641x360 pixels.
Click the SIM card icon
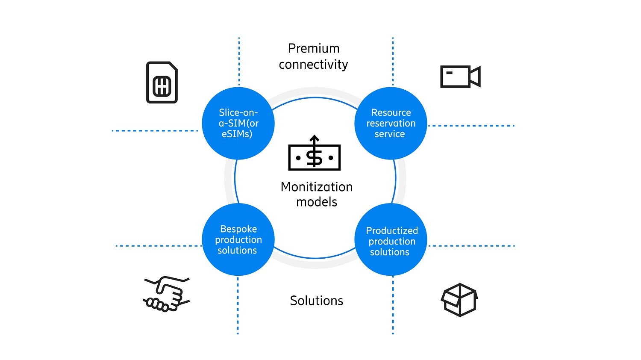(162, 83)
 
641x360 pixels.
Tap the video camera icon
(460, 77)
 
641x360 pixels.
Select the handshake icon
(166, 294)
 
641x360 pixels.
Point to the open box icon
(459, 300)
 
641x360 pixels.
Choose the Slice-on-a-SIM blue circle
(238, 124)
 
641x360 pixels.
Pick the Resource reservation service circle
(391, 124)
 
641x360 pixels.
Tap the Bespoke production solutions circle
(238, 240)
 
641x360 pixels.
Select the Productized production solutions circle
(391, 240)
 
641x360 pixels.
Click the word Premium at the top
(314, 49)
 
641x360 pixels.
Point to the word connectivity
(314, 65)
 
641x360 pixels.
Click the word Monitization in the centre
(317, 187)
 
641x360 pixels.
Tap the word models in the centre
(317, 202)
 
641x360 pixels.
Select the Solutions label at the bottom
(317, 301)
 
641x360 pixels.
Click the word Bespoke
(238, 229)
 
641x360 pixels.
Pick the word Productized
(392, 231)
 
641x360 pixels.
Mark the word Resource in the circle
(391, 112)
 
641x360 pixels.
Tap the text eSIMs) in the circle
(237, 134)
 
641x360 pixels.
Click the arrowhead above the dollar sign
(315, 139)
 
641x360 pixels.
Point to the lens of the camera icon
(475, 77)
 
